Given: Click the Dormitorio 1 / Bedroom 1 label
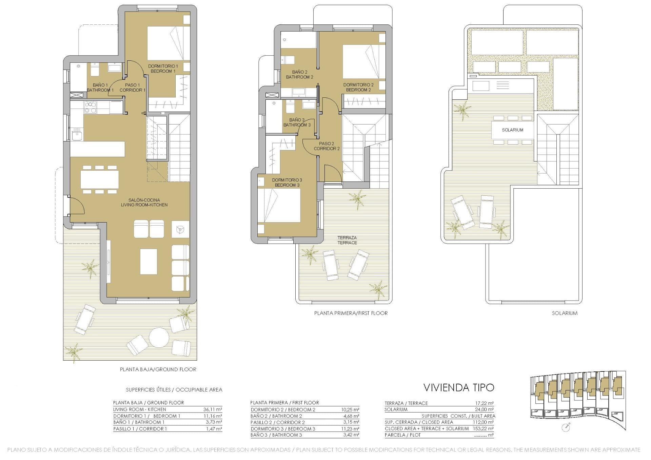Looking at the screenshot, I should tap(163, 69).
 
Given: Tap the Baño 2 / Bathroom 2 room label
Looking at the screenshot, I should tap(299, 75).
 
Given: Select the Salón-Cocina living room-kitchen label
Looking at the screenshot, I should tap(144, 203).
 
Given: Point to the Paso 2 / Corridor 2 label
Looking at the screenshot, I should tap(327, 146).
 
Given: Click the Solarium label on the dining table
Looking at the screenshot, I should tap(512, 130).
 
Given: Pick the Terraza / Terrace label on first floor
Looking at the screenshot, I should tap(347, 240).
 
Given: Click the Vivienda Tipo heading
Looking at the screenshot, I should tap(459, 387).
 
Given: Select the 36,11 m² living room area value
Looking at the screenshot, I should tap(213, 409).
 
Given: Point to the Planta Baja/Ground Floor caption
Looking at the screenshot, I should tap(158, 369).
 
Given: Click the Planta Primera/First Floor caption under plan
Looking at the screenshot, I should tap(351, 313).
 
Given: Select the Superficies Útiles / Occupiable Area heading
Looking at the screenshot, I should tap(174, 390).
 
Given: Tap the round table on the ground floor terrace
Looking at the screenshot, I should tap(159, 337).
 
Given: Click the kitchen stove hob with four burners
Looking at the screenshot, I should tap(90, 107).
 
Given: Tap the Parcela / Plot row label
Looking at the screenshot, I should tap(402, 435).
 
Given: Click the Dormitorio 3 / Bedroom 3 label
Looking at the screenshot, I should tap(287, 183).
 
